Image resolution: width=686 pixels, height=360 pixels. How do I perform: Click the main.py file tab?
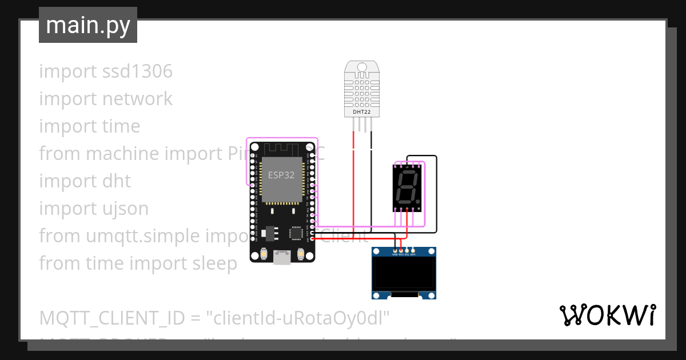click(x=87, y=25)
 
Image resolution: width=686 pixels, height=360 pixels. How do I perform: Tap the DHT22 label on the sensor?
click(x=362, y=112)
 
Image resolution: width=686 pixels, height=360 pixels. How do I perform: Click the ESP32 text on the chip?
click(x=281, y=175)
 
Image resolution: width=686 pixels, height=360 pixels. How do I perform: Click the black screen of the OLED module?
click(x=404, y=273)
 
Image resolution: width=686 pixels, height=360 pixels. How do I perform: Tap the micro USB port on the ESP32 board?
click(x=282, y=258)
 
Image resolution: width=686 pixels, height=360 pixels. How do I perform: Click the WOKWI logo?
click(x=607, y=315)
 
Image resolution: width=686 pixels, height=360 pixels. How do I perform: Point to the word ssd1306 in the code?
click(x=137, y=71)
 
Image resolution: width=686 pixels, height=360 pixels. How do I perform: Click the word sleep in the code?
click(x=214, y=263)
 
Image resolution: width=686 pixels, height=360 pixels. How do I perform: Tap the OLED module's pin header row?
click(x=404, y=250)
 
